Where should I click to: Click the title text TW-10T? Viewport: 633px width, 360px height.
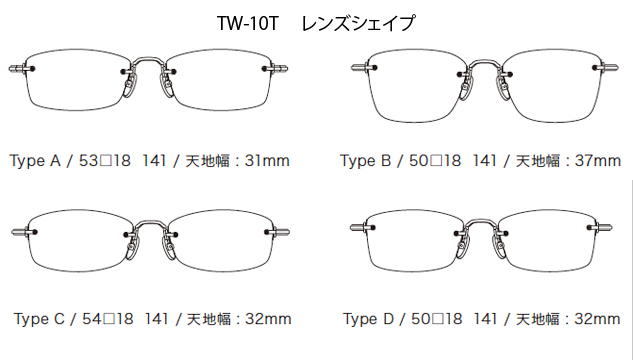tap(245, 21)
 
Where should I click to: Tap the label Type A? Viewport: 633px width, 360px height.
tap(35, 160)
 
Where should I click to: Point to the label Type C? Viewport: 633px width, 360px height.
tap(40, 319)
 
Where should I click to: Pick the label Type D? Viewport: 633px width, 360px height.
tap(369, 319)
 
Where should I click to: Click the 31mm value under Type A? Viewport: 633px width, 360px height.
tap(264, 160)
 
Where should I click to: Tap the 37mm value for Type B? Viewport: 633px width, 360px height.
tap(593, 160)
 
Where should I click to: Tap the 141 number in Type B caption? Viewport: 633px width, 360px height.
tap(485, 160)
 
